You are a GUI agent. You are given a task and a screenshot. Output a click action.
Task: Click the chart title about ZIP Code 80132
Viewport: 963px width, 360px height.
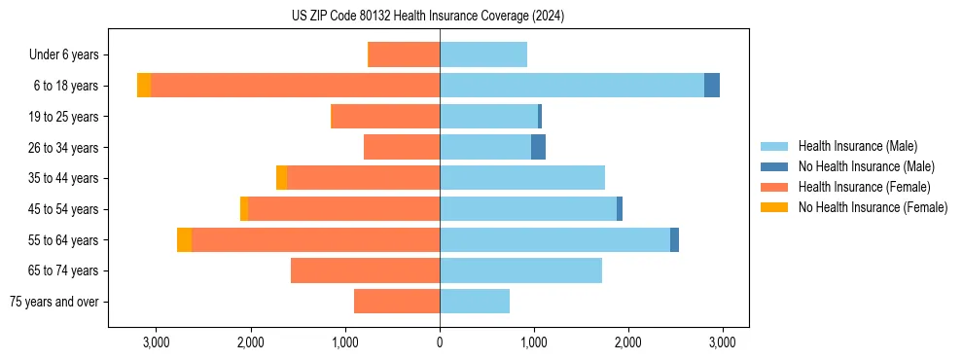pyautogui.click(x=427, y=17)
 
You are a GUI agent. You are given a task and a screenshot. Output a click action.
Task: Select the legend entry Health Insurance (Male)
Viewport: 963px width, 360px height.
pyautogui.click(x=857, y=146)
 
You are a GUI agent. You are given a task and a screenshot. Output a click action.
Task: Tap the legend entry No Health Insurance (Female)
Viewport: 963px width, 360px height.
pyautogui.click(x=873, y=207)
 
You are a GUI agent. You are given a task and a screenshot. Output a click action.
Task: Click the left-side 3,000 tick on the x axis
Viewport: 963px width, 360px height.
pyautogui.click(x=157, y=342)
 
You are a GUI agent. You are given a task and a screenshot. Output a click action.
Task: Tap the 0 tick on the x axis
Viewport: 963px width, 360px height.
pyautogui.click(x=440, y=342)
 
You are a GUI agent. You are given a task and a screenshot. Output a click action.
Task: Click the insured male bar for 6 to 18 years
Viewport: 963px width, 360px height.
pyautogui.click(x=572, y=85)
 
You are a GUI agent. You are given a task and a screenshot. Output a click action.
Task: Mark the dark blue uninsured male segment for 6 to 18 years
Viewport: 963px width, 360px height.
pyautogui.click(x=712, y=85)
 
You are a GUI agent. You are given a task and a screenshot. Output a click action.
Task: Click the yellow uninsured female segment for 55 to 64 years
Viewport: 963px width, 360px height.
pyautogui.click(x=184, y=239)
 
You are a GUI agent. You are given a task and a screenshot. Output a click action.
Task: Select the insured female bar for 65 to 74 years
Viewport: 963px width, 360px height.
pyautogui.click(x=365, y=270)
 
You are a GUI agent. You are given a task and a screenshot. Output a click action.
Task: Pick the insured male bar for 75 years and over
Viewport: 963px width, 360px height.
pyautogui.click(x=475, y=302)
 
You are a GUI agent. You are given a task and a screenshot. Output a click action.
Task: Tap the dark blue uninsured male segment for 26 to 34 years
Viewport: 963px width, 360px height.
pyautogui.click(x=538, y=147)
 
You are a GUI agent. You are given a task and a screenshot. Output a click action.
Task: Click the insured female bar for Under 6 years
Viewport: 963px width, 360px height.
pyautogui.click(x=405, y=54)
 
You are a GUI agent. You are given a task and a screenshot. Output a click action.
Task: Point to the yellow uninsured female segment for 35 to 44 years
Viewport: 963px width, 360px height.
pyautogui.click(x=281, y=178)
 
